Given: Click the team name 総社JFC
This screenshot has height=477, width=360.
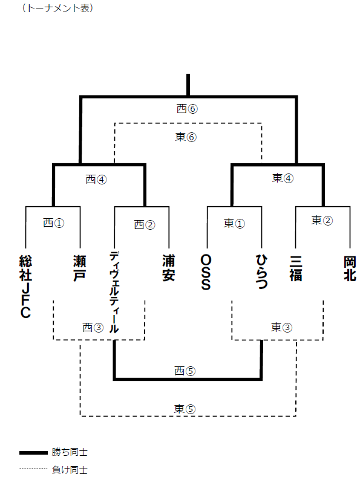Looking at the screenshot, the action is click(x=25, y=287).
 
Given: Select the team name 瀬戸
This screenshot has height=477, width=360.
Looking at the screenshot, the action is click(x=79, y=268).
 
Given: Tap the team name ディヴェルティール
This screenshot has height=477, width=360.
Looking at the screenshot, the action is click(x=114, y=293).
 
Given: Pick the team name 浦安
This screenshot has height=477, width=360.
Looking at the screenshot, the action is click(x=168, y=268).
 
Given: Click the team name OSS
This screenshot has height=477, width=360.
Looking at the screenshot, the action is click(x=206, y=272).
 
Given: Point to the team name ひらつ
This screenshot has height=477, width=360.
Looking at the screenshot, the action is click(x=261, y=271).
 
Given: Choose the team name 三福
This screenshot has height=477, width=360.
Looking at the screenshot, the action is click(x=296, y=268).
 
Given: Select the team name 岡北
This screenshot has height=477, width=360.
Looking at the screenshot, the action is click(x=350, y=268).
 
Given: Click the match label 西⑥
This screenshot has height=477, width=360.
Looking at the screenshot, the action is click(x=187, y=109).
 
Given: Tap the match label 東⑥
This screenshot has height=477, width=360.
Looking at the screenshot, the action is click(x=186, y=137).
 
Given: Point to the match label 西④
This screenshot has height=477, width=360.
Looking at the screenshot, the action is click(x=96, y=179).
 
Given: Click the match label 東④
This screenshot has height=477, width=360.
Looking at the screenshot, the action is click(x=283, y=178).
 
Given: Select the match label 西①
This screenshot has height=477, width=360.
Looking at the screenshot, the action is click(x=54, y=223).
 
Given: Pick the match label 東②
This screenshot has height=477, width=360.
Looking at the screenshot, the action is click(x=322, y=220).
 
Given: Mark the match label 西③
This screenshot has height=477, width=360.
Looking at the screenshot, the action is click(x=93, y=327).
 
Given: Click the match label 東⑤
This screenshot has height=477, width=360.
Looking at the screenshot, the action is click(x=185, y=409).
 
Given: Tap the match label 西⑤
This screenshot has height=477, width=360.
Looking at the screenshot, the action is click(x=185, y=371).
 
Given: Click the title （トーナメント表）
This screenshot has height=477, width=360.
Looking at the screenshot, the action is click(x=57, y=8).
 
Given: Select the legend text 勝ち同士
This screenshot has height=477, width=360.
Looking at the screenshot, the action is click(x=70, y=452).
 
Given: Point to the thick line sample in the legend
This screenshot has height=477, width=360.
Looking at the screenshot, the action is click(x=33, y=453).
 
